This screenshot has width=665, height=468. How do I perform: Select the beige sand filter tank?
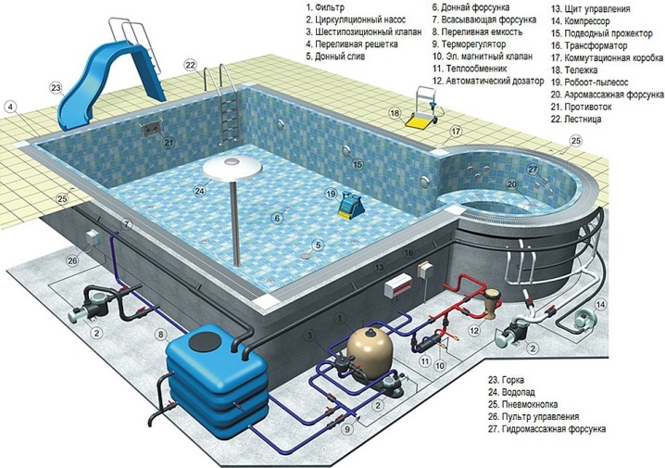370,348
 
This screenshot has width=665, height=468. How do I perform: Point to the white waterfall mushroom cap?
232,167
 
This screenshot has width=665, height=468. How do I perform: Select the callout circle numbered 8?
160,335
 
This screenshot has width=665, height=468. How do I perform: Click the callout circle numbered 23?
56,88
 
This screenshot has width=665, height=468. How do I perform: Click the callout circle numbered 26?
72,260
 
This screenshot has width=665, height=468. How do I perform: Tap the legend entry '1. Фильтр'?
325,7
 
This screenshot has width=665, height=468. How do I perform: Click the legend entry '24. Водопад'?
511,393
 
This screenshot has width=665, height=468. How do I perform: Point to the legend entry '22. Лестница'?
576,120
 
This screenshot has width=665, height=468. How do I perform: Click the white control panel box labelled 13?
398,286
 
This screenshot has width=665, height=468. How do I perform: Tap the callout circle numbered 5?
318,245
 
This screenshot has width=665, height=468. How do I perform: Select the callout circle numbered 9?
347,429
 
